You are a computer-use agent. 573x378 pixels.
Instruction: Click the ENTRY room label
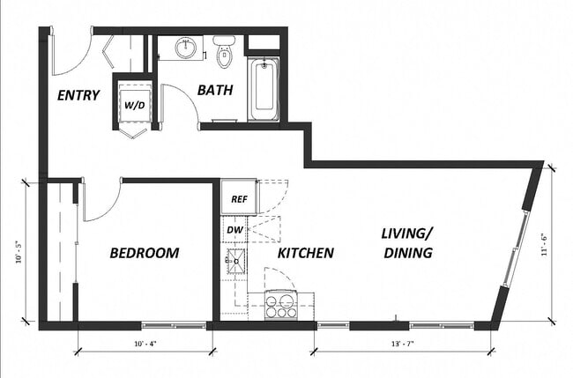coord(77,95)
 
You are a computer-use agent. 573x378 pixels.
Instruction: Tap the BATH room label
coord(214,89)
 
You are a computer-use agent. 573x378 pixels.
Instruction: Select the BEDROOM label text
coord(144,253)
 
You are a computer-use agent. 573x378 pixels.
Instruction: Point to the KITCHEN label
coord(306,253)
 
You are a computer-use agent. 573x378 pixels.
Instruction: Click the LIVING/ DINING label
coord(406,243)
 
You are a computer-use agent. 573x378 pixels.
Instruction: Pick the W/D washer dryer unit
coord(135,104)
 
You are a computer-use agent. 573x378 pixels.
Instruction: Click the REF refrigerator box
coord(238,198)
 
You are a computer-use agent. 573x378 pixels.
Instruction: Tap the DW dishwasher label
coord(234,230)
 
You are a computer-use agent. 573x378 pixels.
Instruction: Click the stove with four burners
coord(281,305)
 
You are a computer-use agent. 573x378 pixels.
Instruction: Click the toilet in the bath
coord(223,52)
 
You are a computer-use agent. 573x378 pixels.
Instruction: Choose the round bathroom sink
coord(186,48)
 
